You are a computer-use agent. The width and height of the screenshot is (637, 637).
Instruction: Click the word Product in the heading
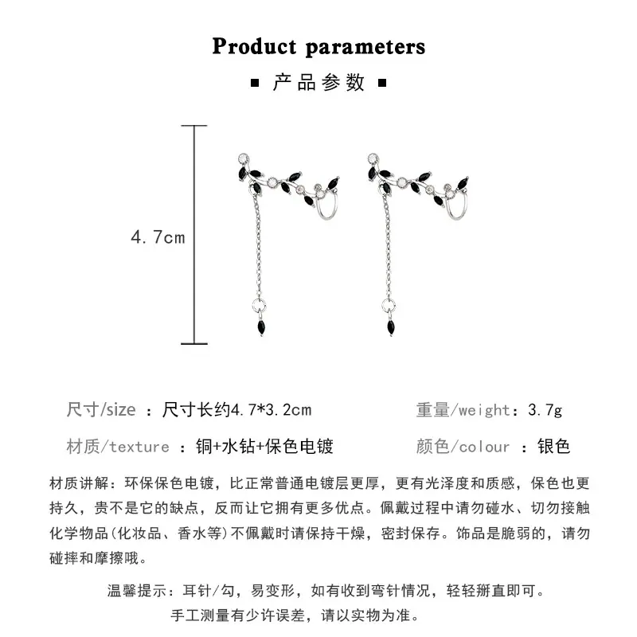point(254,45)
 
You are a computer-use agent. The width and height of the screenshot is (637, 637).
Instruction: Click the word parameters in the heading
point(365,48)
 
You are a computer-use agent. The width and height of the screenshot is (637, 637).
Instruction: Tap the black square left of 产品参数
point(255,84)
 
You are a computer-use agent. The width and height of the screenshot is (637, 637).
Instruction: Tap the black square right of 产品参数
point(382,84)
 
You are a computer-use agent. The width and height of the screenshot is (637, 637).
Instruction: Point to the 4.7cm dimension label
point(158,237)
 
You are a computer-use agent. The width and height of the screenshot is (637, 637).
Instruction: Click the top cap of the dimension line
point(194,126)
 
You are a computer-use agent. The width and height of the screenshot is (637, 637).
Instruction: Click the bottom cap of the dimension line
point(194,344)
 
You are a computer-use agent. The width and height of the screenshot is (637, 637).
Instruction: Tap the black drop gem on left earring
point(262,327)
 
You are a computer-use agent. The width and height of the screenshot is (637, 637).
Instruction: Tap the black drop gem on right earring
point(391,327)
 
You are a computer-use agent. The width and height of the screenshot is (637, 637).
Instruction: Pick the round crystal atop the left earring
point(244,158)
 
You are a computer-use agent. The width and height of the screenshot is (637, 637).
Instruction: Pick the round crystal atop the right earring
point(373,158)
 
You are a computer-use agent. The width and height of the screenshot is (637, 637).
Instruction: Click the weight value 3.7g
point(545,410)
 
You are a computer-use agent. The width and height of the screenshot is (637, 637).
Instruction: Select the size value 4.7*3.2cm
point(271,410)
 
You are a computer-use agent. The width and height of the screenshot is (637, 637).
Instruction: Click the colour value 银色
point(553,446)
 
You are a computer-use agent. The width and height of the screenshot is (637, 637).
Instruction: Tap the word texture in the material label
point(139,447)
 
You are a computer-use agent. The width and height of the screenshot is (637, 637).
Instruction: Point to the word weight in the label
point(484,410)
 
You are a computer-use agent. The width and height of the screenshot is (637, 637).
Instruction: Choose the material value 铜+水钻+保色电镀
point(264,446)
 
